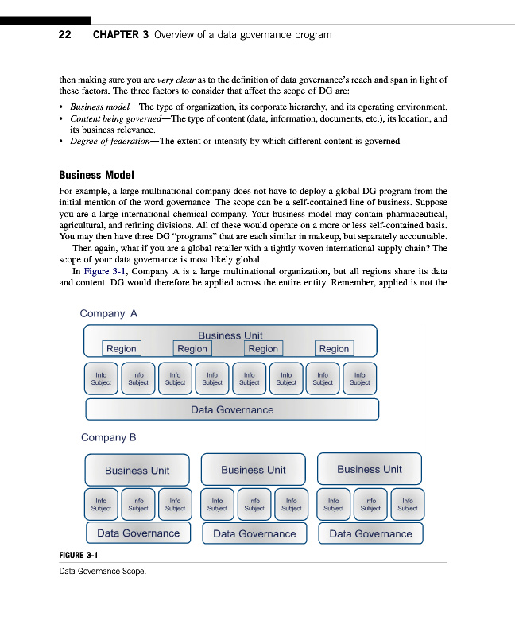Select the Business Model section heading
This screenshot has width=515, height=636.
pyautogui.click(x=96, y=175)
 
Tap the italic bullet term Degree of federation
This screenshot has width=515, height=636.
pyautogui.click(x=113, y=142)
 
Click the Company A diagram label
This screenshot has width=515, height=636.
pyautogui.click(x=109, y=313)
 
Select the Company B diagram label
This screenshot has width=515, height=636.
pyautogui.click(x=109, y=437)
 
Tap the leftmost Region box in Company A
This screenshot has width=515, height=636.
pyautogui.click(x=122, y=348)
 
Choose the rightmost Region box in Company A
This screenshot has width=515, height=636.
pyautogui.click(x=334, y=348)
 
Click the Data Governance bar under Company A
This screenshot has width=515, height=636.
pyautogui.click(x=232, y=409)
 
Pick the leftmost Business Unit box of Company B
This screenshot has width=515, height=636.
pyautogui.click(x=137, y=470)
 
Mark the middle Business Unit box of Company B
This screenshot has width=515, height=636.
pyautogui.click(x=254, y=470)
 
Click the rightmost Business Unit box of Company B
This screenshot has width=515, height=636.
pyautogui.click(x=370, y=469)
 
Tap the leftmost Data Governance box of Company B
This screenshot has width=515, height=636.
pyautogui.click(x=138, y=533)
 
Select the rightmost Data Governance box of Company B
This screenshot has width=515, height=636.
pyautogui.click(x=370, y=533)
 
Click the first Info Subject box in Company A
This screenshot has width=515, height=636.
pyautogui.click(x=101, y=378)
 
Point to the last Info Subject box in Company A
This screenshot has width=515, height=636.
pyautogui.click(x=359, y=378)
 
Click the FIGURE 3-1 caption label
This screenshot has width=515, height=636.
pyautogui.click(x=78, y=554)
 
